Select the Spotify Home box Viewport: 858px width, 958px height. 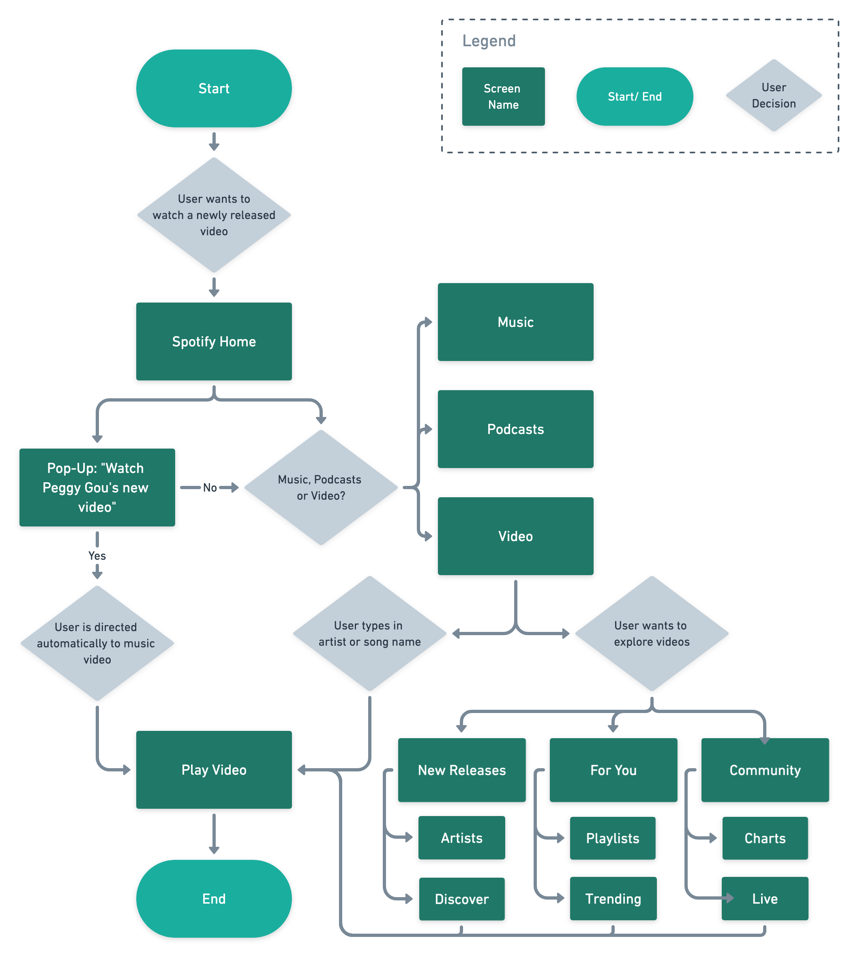214,342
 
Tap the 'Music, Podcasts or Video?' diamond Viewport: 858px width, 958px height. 321,487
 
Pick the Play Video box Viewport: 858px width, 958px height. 214,769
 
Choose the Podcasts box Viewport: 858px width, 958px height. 515,429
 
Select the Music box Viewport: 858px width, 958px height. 515,322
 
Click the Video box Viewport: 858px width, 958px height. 515,536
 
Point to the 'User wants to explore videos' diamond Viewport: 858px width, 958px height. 651,633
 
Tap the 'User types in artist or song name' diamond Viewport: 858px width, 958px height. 370,633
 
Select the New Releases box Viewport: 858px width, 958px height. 461,770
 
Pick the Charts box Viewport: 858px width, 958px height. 765,838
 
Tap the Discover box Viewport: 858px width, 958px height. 461,899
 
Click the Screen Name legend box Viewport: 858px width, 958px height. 503,96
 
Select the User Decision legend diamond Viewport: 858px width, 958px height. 774,95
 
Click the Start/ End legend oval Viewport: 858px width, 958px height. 635,96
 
